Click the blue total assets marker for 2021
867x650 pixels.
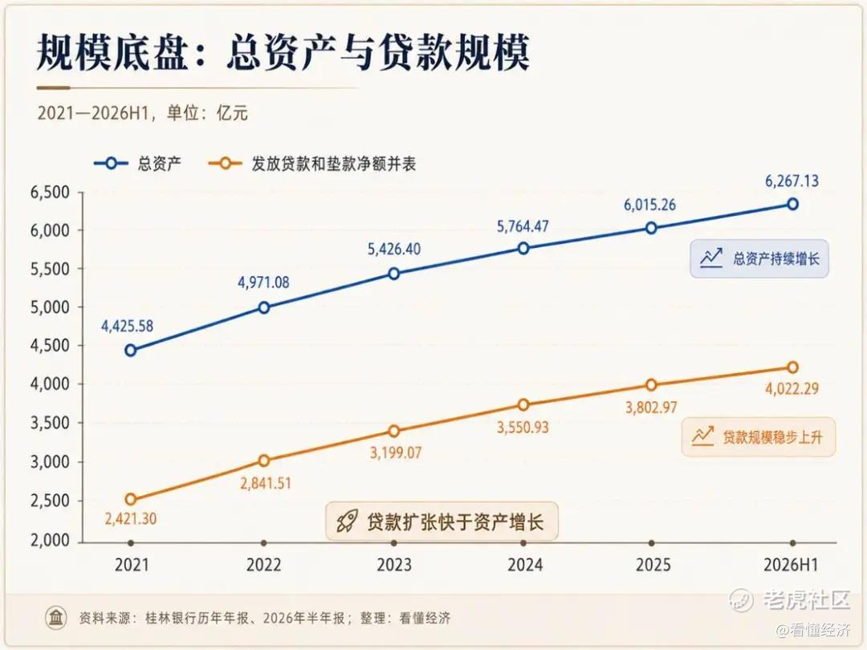pyautogui.click(x=131, y=351)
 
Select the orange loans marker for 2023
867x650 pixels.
pyautogui.click(x=393, y=431)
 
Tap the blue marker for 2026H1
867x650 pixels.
pyautogui.click(x=792, y=205)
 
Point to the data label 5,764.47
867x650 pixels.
pyautogui.click(x=523, y=226)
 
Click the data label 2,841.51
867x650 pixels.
pyautogui.click(x=266, y=483)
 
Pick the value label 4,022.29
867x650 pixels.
pyautogui.click(x=792, y=388)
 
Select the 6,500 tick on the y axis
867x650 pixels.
pyautogui.click(x=50, y=193)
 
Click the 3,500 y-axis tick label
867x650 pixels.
pyautogui.click(x=50, y=423)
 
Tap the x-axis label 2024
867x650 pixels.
pyautogui.click(x=525, y=565)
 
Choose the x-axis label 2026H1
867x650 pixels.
pyautogui.click(x=791, y=565)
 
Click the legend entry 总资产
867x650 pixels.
pyautogui.click(x=137, y=164)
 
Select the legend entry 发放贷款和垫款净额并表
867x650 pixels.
pyautogui.click(x=311, y=164)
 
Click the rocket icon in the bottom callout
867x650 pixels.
pyautogui.click(x=348, y=521)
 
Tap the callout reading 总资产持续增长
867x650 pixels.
pyautogui.click(x=759, y=258)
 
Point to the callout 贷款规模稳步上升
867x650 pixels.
pyautogui.click(x=758, y=437)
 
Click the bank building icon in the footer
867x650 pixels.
pyautogui.click(x=56, y=617)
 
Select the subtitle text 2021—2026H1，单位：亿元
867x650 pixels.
pyautogui.click(x=143, y=113)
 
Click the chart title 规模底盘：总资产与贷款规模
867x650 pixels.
pyautogui.click(x=283, y=53)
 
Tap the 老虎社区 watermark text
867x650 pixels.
pyautogui.click(x=807, y=599)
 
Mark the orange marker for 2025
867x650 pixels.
pyautogui.click(x=651, y=384)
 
